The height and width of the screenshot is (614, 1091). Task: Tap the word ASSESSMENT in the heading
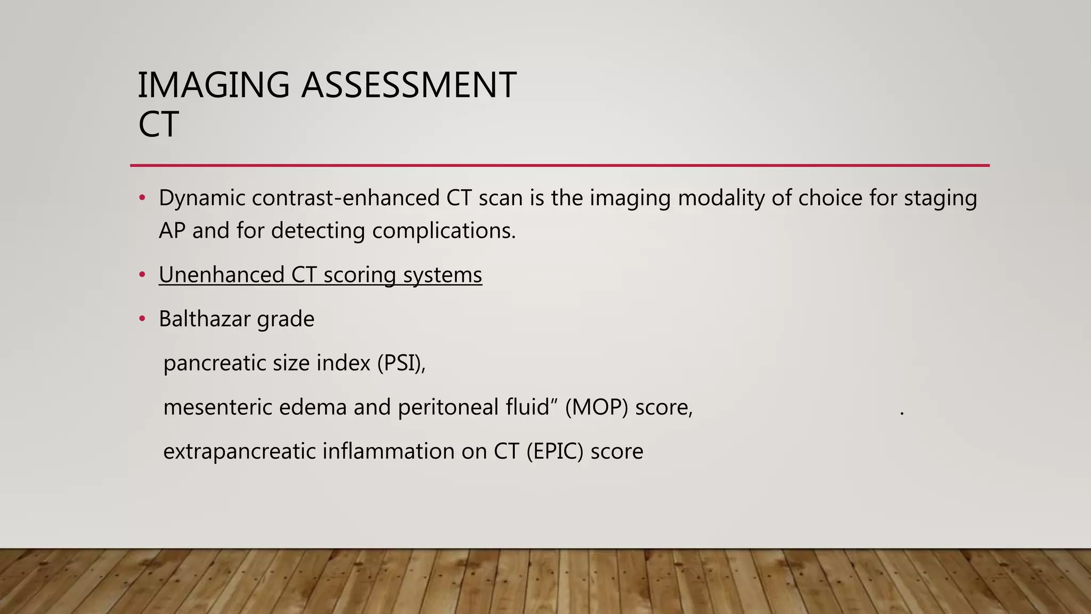(409, 85)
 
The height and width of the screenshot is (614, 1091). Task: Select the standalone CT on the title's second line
(158, 125)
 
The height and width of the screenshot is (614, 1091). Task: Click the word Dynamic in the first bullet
(202, 198)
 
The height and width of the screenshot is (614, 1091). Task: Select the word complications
(444, 231)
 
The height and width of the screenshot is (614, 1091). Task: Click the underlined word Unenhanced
(222, 275)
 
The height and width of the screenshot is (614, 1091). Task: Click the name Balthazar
(205, 319)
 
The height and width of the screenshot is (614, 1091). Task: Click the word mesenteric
(217, 408)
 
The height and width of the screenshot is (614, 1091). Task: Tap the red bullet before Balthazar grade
(142, 319)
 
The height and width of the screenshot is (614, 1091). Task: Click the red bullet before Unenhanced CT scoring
(142, 275)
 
